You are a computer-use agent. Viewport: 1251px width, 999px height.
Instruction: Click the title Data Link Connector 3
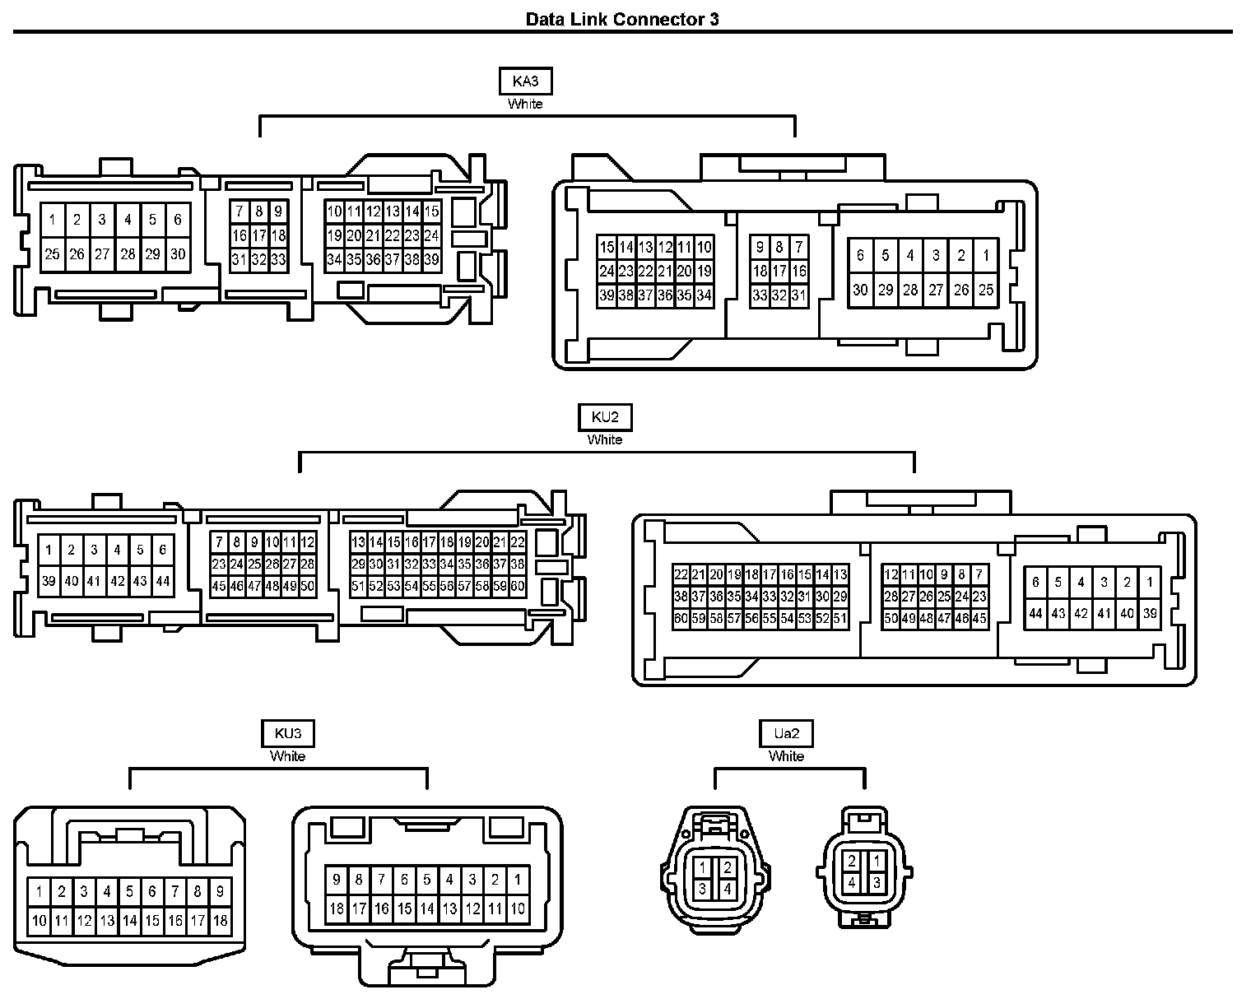pyautogui.click(x=622, y=20)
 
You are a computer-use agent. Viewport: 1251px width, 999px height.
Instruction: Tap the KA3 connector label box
pyautogui.click(x=525, y=81)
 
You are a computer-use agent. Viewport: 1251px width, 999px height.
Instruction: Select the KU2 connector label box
pyautogui.click(x=605, y=417)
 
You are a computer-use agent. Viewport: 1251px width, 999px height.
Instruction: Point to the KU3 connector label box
pyautogui.click(x=287, y=733)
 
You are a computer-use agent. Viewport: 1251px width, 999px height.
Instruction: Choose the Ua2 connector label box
pyautogui.click(x=786, y=733)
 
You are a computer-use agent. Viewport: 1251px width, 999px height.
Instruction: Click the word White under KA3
pyautogui.click(x=525, y=105)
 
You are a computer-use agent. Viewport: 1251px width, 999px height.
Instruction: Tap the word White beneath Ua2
pyautogui.click(x=786, y=756)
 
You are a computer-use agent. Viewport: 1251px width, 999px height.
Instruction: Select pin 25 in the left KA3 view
pyautogui.click(x=53, y=254)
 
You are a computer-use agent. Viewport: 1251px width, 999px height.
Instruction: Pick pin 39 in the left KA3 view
pyautogui.click(x=432, y=260)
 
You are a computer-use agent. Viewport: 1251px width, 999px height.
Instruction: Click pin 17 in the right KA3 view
pyautogui.click(x=779, y=271)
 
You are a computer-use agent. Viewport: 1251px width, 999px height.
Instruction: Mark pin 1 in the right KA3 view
pyautogui.click(x=986, y=255)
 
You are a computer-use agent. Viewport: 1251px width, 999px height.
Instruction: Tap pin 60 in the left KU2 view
pyautogui.click(x=518, y=587)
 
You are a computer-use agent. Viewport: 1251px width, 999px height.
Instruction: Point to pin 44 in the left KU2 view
pyautogui.click(x=163, y=581)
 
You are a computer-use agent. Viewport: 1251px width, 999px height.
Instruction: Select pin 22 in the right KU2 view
pyautogui.click(x=681, y=575)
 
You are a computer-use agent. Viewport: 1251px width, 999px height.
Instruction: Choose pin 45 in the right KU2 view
pyautogui.click(x=979, y=619)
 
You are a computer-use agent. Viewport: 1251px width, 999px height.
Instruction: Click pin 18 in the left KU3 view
pyautogui.click(x=221, y=922)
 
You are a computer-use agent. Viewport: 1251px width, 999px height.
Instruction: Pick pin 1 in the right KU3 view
pyautogui.click(x=517, y=880)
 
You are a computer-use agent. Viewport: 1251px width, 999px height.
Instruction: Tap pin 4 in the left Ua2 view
pyautogui.click(x=728, y=890)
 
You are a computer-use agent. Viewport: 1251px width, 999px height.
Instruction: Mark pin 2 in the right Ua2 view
pyautogui.click(x=852, y=862)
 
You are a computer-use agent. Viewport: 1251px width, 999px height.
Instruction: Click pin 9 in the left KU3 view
pyautogui.click(x=221, y=891)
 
